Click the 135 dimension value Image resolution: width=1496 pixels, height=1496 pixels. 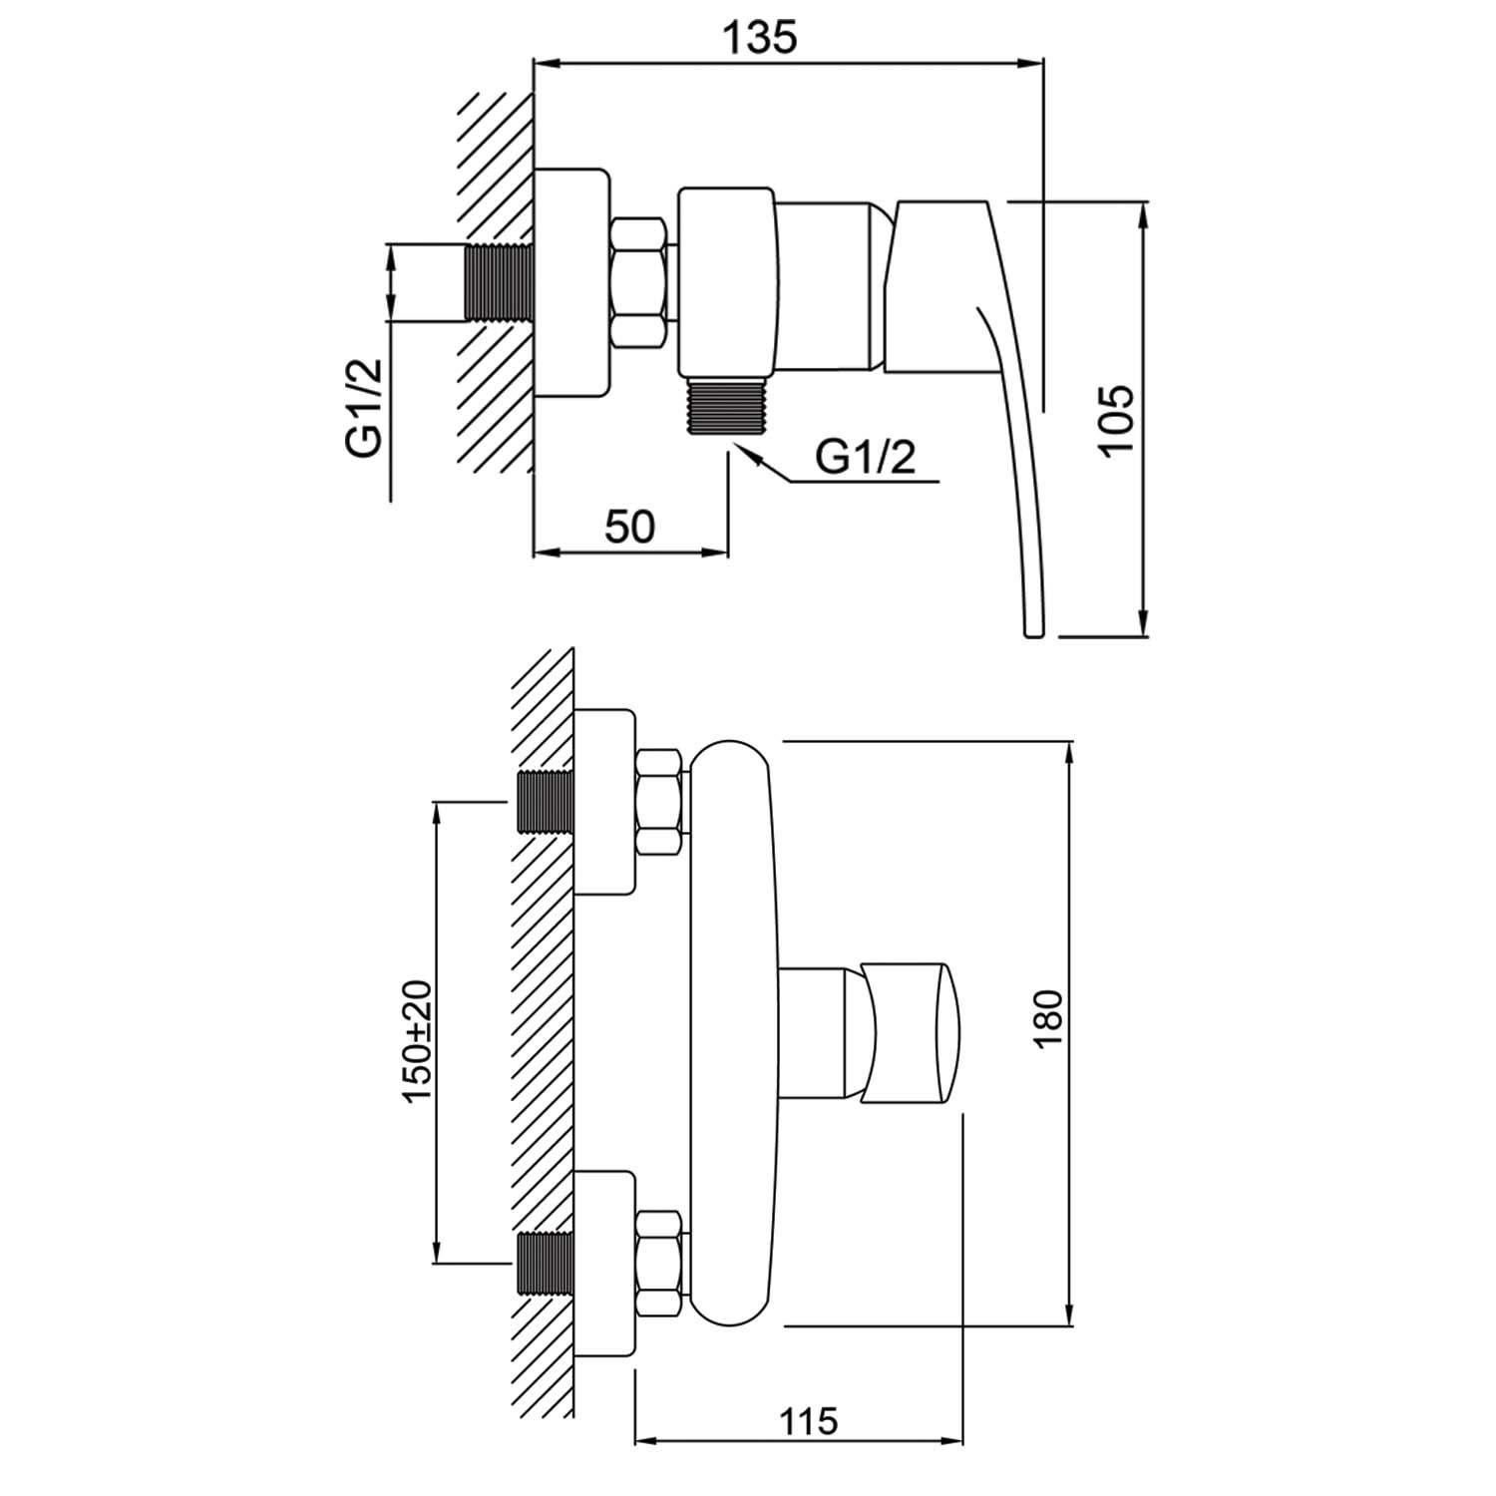pyautogui.click(x=761, y=38)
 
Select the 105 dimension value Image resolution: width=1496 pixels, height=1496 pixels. pyautogui.click(x=1117, y=419)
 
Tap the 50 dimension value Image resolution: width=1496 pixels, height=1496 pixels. pyautogui.click(x=630, y=527)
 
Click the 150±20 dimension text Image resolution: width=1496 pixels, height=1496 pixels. pyautogui.click(x=419, y=1040)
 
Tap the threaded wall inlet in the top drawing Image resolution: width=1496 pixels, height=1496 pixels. pyautogui.click(x=499, y=282)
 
